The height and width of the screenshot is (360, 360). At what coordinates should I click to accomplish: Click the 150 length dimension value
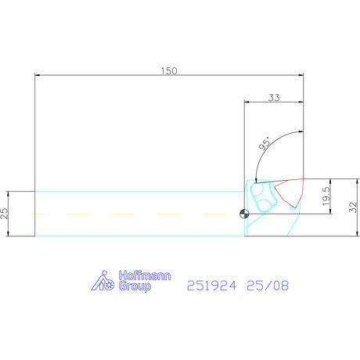pos(169,71)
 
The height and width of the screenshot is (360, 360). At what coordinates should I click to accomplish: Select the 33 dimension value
pos(274,98)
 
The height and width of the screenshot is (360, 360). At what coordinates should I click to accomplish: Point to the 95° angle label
pos(265,143)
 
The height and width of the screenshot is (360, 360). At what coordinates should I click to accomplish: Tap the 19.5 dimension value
pos(326,196)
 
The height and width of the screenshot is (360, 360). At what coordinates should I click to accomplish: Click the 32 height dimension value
pos(353,207)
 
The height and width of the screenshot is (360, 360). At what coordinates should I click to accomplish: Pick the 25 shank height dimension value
pos(5,213)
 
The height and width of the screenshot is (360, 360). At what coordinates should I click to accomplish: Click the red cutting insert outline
pos(290,193)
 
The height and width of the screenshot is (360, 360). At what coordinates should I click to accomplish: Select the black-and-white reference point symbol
pos(244,214)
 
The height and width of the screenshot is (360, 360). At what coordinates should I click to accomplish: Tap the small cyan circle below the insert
pos(293,207)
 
